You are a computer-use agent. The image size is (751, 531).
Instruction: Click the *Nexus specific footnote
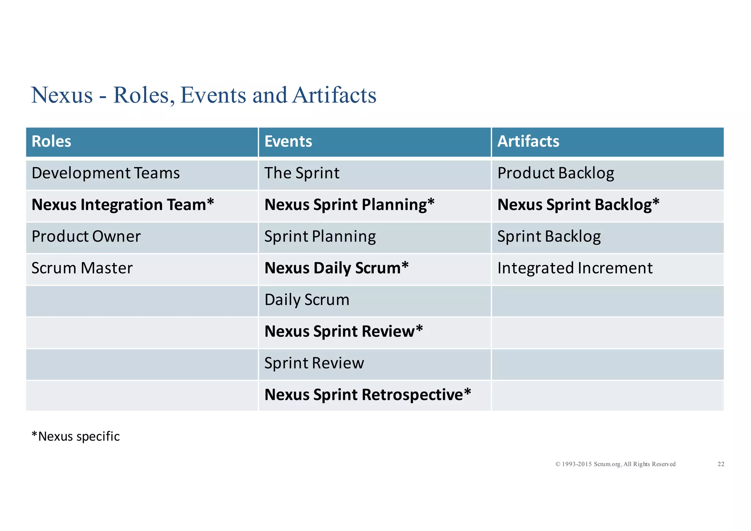click(76, 436)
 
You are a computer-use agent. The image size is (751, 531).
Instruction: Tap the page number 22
click(721, 464)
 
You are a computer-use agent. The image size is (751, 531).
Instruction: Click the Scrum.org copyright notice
click(615, 464)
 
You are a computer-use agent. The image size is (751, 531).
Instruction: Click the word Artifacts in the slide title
click(334, 95)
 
